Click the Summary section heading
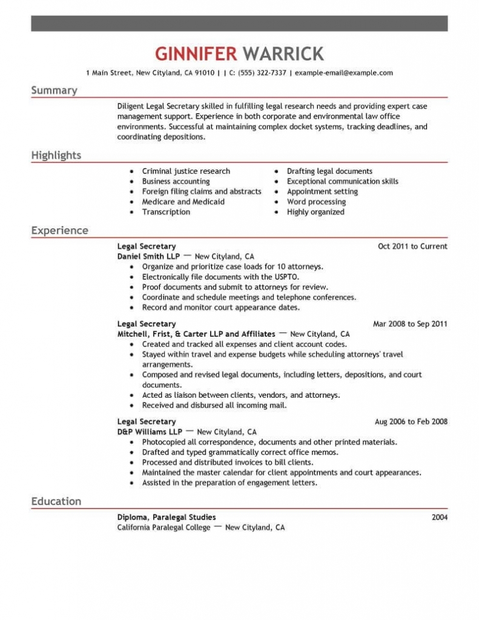pos(54,91)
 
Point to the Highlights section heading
pos(56,156)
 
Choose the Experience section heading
pos(59,231)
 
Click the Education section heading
pos(56,501)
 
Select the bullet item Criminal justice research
pos(186,171)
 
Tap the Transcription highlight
pos(166,212)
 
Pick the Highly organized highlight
pos(315,212)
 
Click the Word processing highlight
pos(316,202)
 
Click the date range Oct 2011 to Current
pos(412,246)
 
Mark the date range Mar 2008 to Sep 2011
pos(410,324)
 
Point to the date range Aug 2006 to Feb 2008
pos(411,421)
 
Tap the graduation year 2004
pos(439,517)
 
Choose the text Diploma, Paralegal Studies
pos(166,517)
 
